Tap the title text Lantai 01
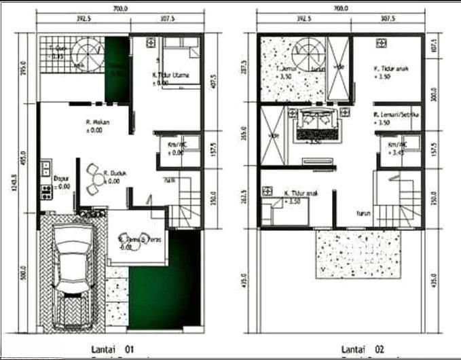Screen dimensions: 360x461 point(114,349)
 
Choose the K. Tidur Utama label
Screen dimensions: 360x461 point(170,75)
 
